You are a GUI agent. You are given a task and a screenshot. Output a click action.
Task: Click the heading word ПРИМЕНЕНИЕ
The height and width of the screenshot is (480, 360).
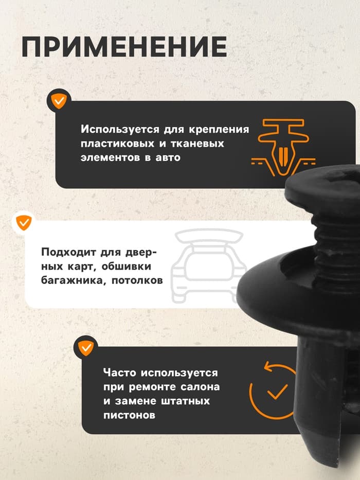click(124, 47)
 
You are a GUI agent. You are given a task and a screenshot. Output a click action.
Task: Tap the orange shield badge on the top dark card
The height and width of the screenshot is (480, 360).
click(59, 100)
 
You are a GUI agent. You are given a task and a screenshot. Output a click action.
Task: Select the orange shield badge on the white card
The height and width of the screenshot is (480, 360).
click(24, 222)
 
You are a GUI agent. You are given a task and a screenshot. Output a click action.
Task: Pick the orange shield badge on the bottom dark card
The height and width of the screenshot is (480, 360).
click(86, 348)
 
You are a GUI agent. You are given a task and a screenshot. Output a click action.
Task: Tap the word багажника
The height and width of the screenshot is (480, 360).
click(65, 281)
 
